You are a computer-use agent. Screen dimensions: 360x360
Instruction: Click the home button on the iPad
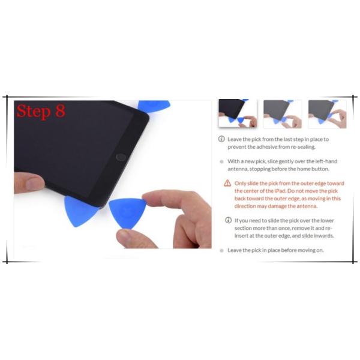point(121,157)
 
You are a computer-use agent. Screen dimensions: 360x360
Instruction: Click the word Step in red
point(34,112)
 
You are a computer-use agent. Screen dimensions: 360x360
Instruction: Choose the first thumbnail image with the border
point(238,114)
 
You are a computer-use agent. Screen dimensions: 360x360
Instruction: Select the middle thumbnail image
point(283,114)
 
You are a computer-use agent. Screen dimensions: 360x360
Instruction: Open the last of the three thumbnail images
point(328,114)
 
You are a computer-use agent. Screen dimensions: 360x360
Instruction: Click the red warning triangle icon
point(227,183)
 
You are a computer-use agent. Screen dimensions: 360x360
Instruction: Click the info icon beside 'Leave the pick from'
point(221,139)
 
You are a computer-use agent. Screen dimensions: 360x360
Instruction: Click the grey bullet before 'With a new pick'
point(221,161)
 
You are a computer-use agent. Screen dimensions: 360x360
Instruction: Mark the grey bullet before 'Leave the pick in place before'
point(221,250)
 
